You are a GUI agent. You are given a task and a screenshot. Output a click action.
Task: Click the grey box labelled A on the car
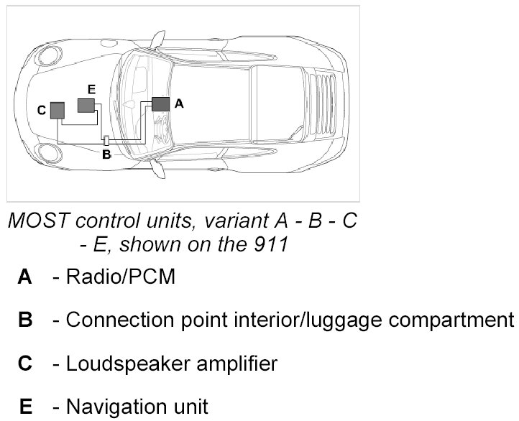(161, 103)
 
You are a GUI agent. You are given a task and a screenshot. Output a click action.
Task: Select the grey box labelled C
(57, 109)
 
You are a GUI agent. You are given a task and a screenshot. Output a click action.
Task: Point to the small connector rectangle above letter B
(106, 141)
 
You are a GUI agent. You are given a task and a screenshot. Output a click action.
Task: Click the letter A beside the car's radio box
(179, 103)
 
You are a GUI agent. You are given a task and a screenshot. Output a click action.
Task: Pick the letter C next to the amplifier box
(41, 110)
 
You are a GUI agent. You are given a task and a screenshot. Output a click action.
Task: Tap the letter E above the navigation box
(91, 88)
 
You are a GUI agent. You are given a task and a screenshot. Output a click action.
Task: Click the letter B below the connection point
(106, 154)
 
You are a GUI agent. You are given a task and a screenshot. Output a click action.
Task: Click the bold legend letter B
(26, 320)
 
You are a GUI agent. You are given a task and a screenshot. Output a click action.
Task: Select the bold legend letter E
(26, 407)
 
